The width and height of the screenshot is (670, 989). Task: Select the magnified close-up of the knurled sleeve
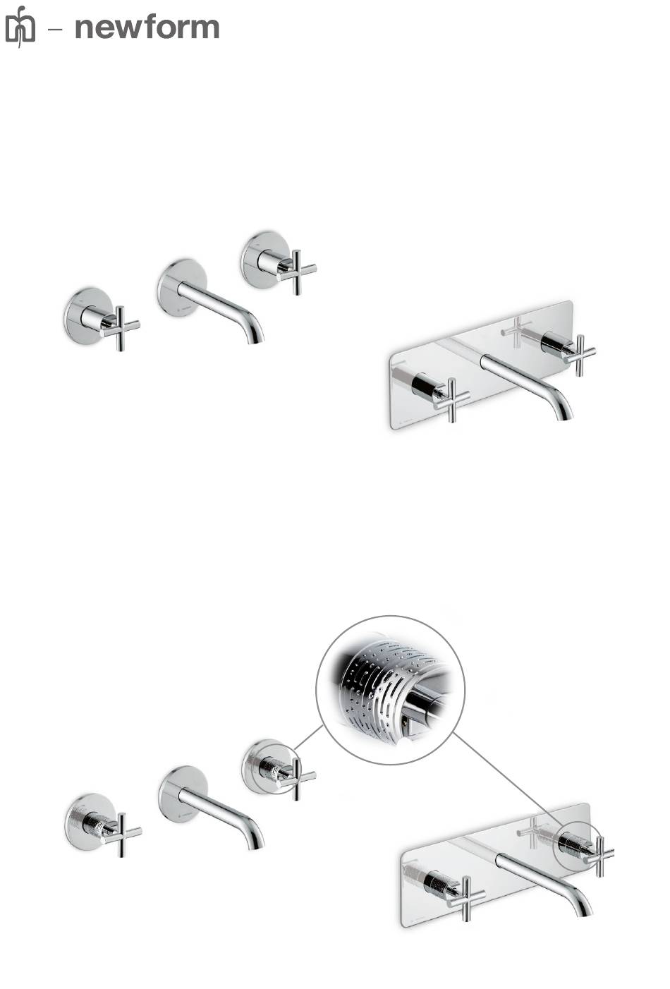(x=391, y=690)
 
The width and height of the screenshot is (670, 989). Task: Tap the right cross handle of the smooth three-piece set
(x=297, y=269)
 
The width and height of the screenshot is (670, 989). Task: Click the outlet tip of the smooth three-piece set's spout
(x=256, y=340)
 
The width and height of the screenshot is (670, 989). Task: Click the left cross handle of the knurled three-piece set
(x=122, y=833)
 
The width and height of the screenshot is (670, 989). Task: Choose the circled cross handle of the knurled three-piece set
(x=296, y=775)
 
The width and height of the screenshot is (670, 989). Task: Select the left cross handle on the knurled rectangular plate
(x=465, y=895)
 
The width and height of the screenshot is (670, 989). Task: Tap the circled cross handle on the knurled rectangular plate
(x=599, y=853)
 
